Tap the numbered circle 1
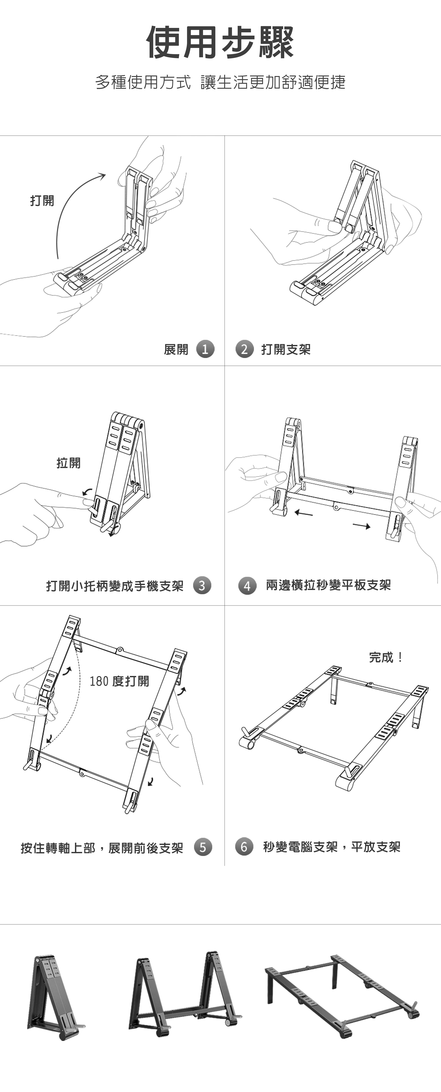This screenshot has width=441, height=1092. coord(205,349)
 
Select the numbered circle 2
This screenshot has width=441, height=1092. coord(244,349)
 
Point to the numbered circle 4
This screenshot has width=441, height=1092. coord(247,586)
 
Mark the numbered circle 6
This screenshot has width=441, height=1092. coord(244,847)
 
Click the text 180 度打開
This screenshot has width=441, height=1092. coord(119,681)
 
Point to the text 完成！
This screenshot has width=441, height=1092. coord(386,657)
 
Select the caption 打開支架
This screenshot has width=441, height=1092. coord(286,349)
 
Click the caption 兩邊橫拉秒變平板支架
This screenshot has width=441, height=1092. coord(328,585)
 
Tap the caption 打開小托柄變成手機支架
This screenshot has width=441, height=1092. coord(114,586)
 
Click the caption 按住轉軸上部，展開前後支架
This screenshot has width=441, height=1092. coord(102,848)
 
